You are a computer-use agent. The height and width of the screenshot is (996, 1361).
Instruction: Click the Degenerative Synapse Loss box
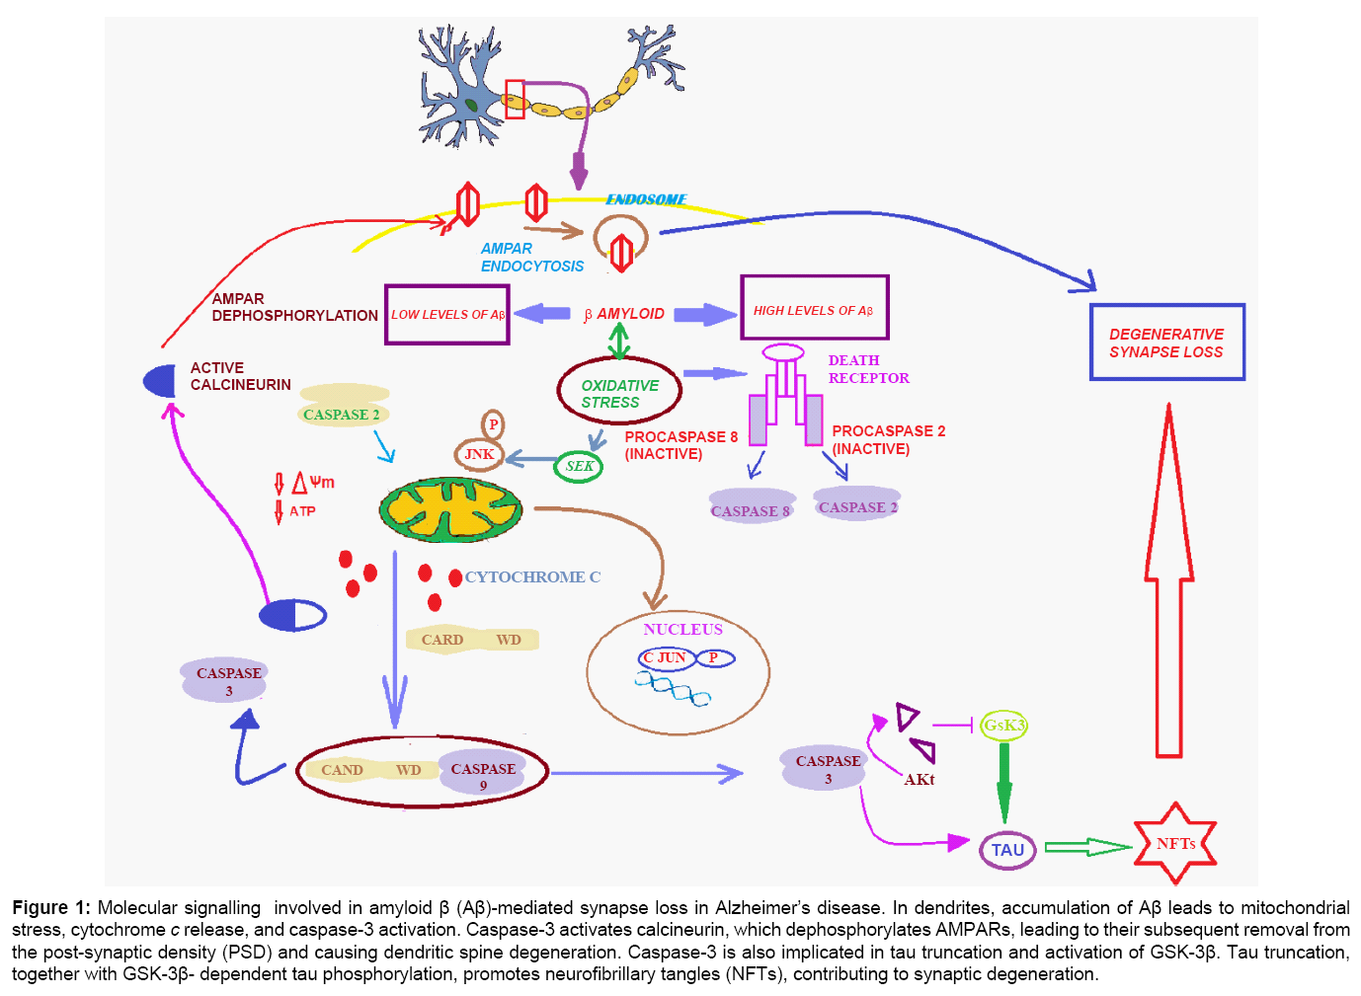(1166, 343)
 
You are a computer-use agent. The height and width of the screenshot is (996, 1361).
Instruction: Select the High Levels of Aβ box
(814, 309)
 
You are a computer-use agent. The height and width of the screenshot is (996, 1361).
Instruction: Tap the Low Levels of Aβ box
(446, 315)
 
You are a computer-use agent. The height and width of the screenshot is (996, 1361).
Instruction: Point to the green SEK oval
(579, 466)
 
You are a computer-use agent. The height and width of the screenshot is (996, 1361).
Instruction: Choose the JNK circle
(479, 454)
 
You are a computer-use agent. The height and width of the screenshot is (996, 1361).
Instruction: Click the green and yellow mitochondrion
(450, 509)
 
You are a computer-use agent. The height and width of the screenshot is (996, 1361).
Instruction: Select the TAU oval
(1007, 850)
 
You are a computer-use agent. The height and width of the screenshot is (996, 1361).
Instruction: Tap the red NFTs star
(1174, 844)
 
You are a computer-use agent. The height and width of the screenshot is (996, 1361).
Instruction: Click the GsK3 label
(1003, 726)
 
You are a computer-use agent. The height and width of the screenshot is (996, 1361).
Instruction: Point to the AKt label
(920, 780)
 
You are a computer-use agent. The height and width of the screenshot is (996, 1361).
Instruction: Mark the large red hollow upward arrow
(1168, 592)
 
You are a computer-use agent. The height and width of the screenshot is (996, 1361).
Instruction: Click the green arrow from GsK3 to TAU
(1004, 780)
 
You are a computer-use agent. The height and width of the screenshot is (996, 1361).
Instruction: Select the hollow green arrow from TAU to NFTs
(1086, 847)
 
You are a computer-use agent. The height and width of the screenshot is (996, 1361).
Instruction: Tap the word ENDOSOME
(646, 199)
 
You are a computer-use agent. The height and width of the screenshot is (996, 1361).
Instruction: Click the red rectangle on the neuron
(515, 100)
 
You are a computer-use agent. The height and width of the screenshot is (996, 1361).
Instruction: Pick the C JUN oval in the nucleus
(667, 657)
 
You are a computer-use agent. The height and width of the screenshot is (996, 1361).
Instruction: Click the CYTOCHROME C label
(532, 577)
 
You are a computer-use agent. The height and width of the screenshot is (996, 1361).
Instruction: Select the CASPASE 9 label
(483, 776)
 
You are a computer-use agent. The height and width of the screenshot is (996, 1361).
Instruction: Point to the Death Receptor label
(868, 369)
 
